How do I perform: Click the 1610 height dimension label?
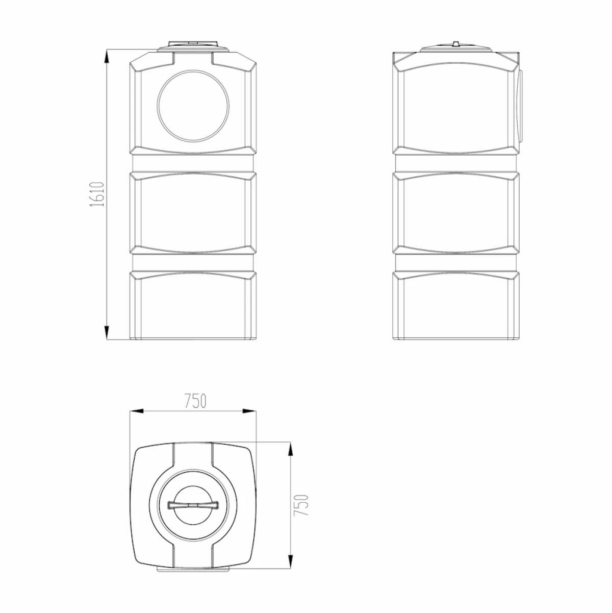[97, 194]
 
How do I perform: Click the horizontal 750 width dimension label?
[195, 401]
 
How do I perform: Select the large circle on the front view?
[193, 106]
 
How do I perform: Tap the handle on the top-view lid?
[193, 505]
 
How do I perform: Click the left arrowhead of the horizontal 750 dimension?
[136, 411]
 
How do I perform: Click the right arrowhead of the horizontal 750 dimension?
[249, 411]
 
